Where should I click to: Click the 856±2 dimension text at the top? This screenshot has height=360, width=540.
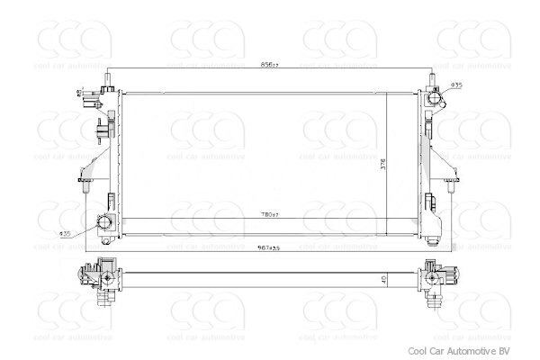point(269,65)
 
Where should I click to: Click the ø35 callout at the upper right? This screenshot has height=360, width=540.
point(456,85)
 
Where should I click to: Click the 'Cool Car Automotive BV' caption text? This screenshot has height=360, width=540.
point(465,351)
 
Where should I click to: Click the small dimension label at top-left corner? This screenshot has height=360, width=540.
point(78,93)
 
